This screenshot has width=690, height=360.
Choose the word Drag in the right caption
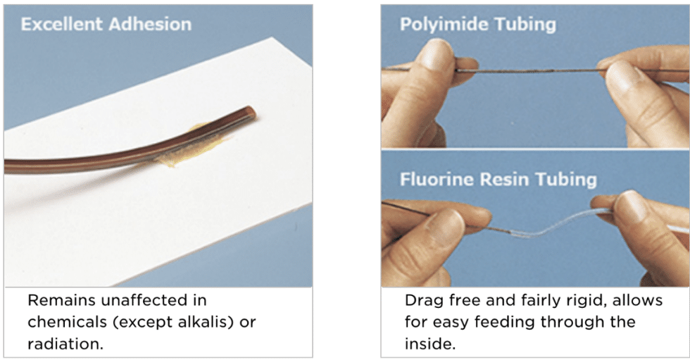(x=421, y=300)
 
